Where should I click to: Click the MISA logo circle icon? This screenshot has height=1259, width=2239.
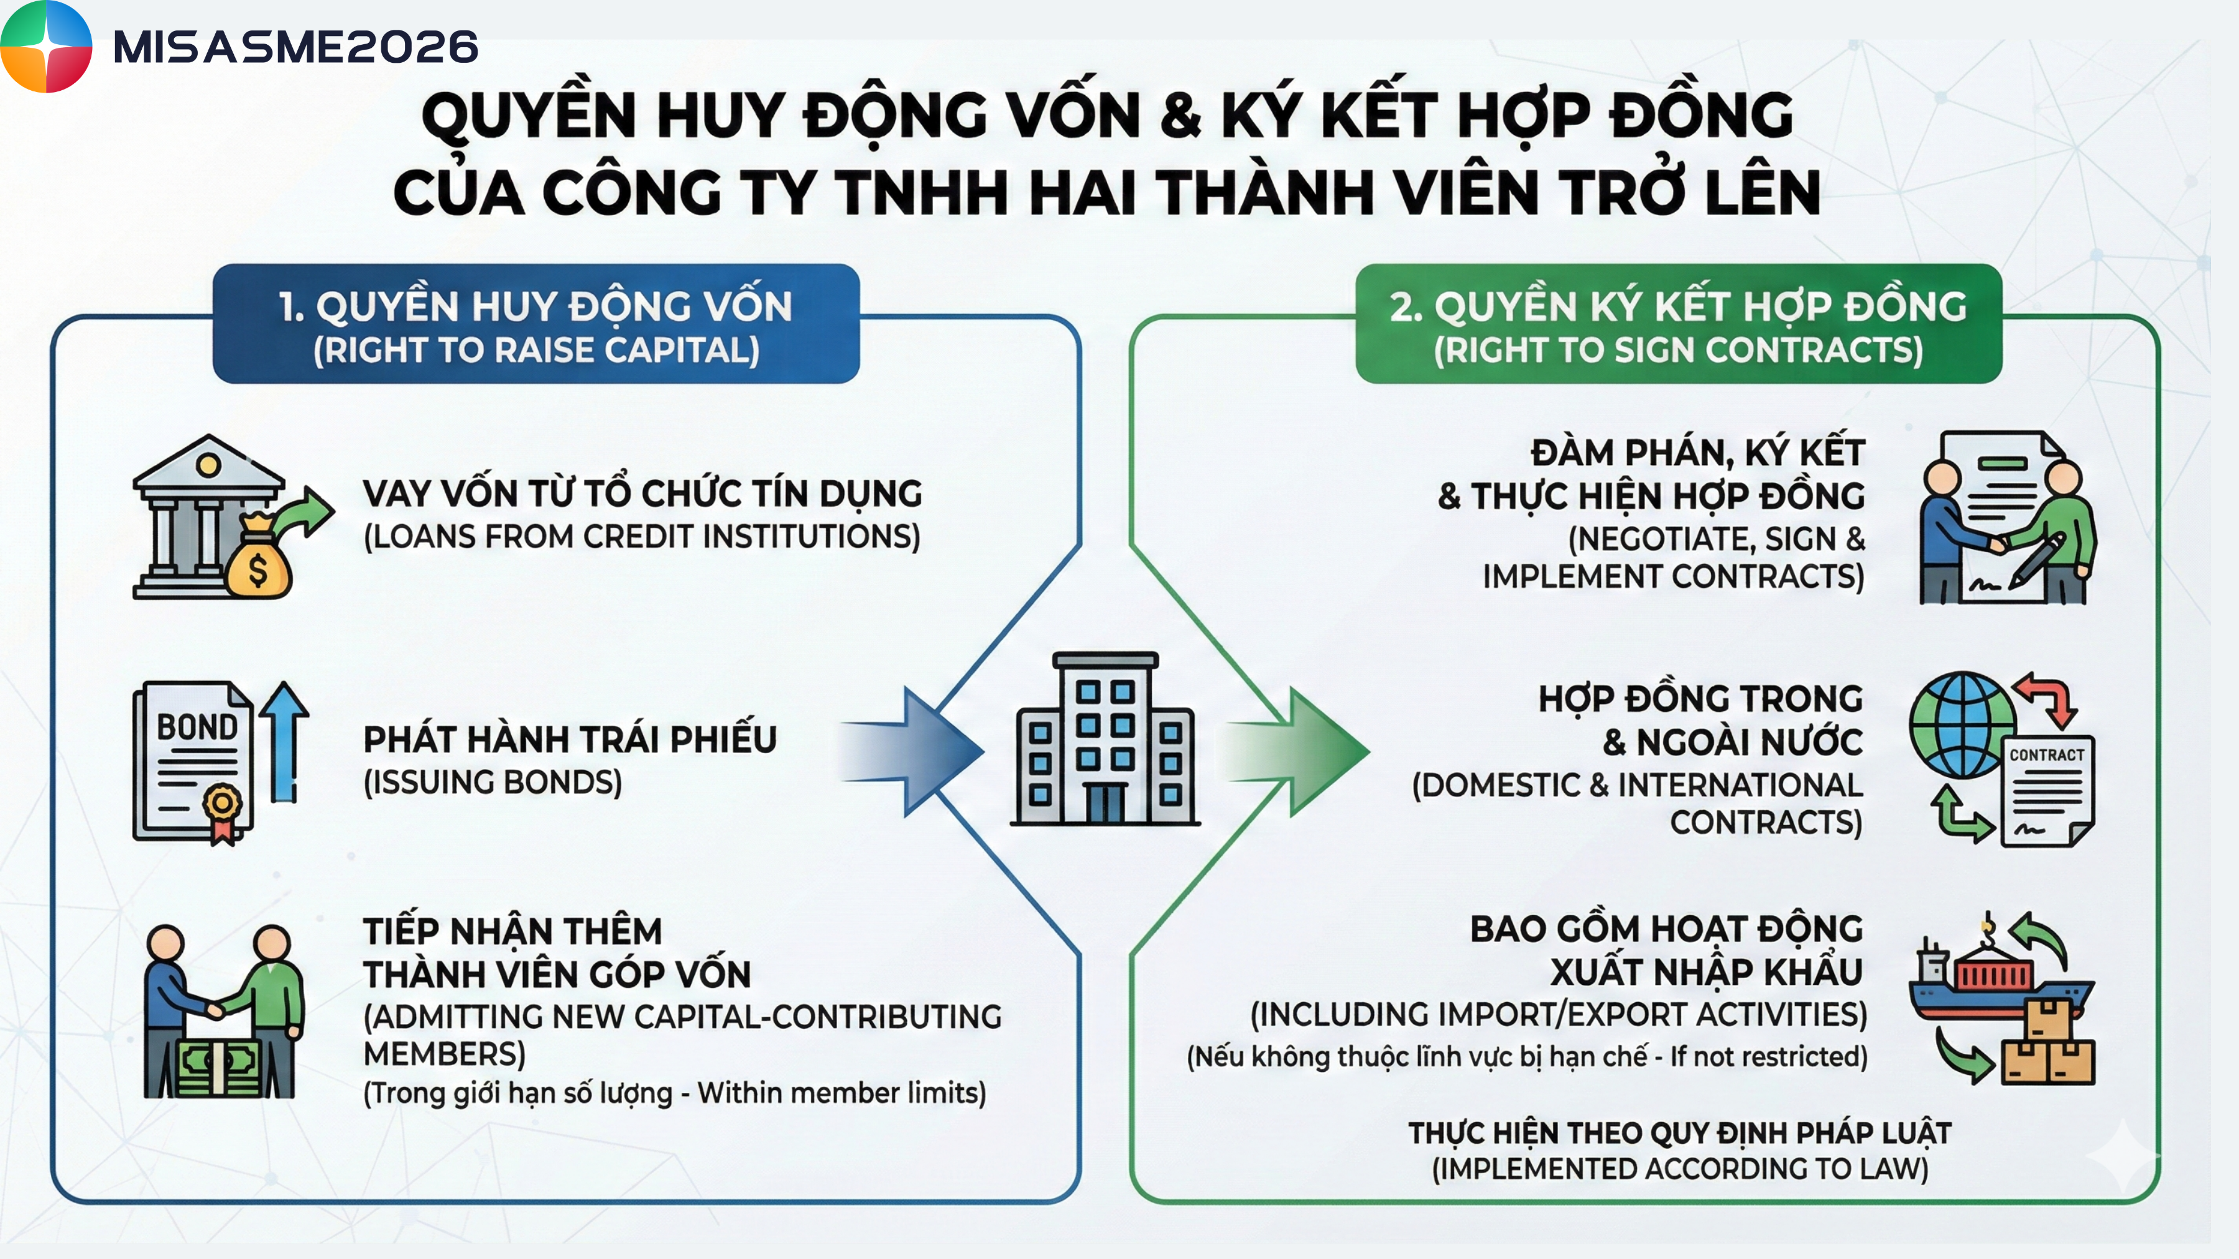coord(45,46)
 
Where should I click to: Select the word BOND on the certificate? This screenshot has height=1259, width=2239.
coord(197,726)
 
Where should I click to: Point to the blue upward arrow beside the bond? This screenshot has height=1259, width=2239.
coord(284,741)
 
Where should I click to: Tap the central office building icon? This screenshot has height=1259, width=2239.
coord(1105,739)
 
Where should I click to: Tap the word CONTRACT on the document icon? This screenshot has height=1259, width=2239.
coord(2047,755)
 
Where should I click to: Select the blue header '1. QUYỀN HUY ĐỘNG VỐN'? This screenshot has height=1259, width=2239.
coord(535,306)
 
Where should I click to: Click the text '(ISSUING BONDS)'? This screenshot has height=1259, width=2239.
coord(493,782)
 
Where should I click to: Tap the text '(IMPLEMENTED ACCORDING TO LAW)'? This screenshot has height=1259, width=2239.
coord(1680,1169)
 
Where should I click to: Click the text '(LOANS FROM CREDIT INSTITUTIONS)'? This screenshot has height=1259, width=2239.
coord(641,536)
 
